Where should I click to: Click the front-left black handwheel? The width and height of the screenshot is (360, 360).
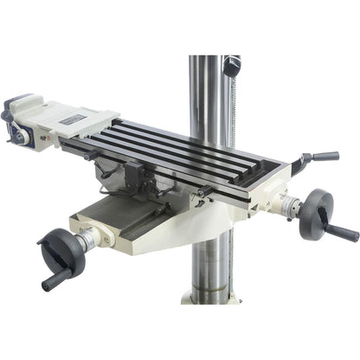(61, 251)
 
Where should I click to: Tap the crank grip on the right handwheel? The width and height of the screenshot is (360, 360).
(344, 233)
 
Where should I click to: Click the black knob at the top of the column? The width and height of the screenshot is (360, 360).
(229, 66)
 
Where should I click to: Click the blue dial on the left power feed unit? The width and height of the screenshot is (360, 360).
(19, 132)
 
